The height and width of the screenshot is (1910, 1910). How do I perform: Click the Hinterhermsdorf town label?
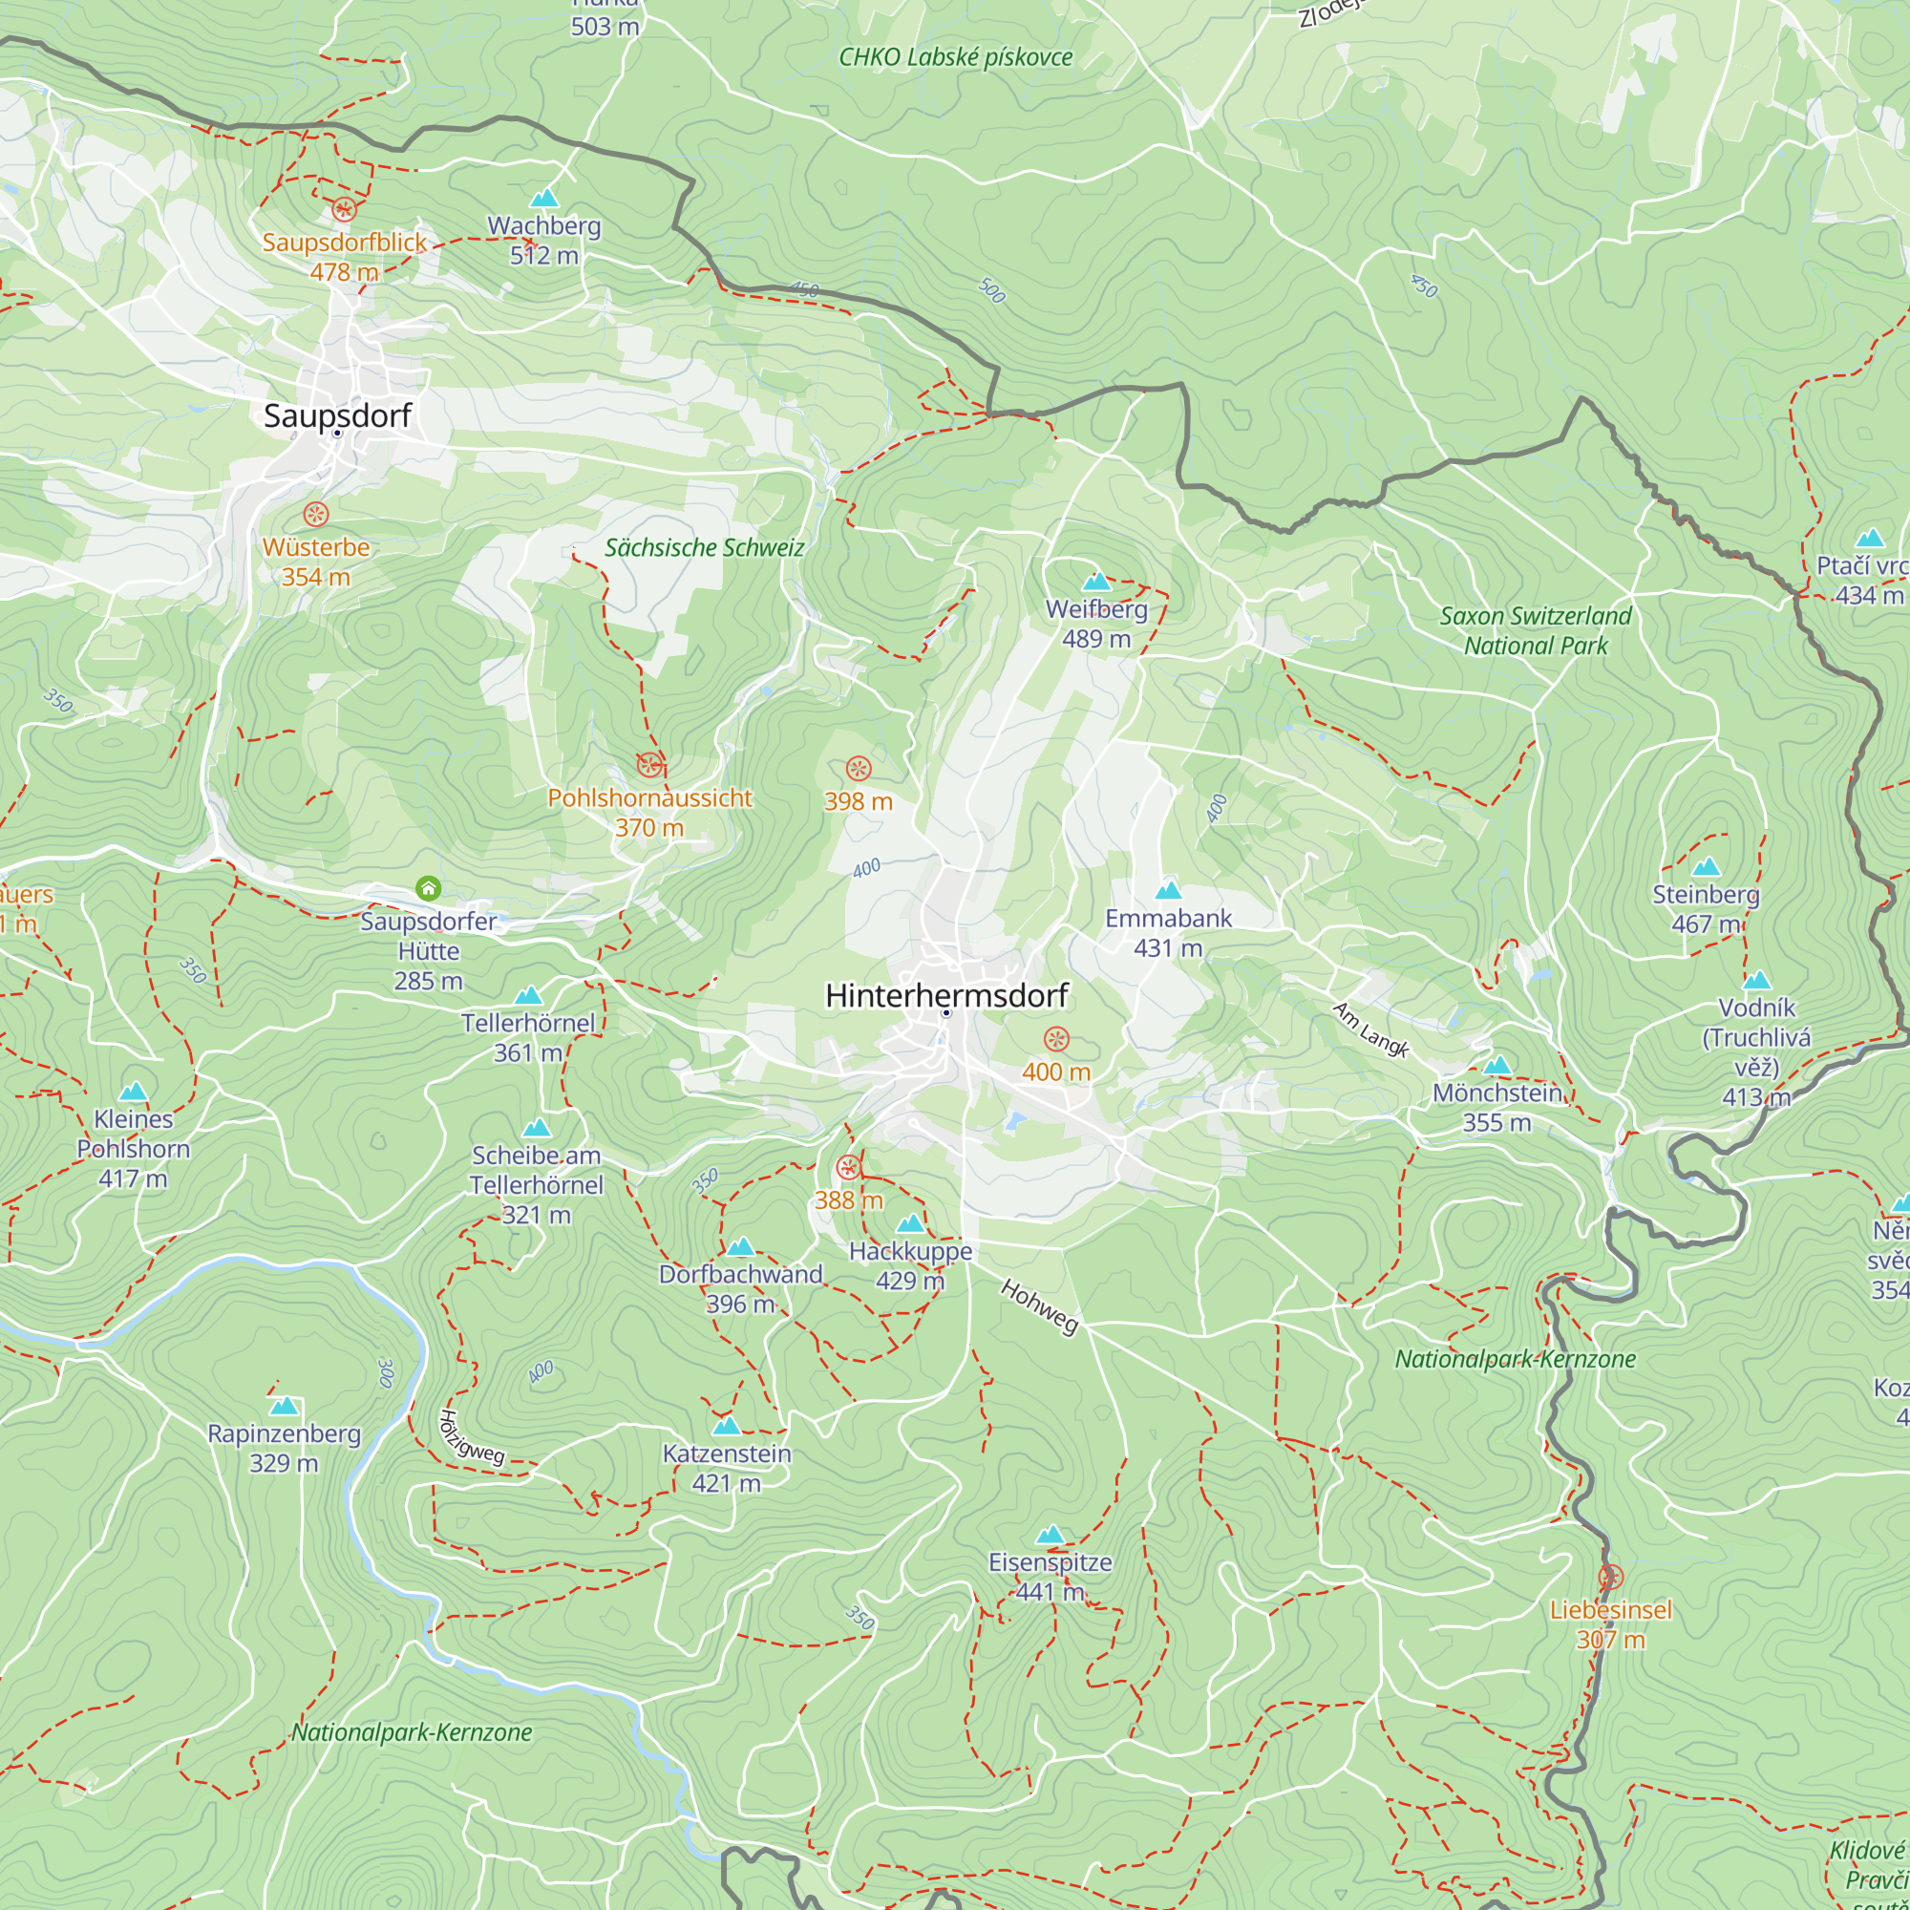click(x=946, y=995)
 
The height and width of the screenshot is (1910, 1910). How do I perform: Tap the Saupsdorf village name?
click(x=337, y=415)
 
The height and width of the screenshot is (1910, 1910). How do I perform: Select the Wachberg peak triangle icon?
click(x=543, y=199)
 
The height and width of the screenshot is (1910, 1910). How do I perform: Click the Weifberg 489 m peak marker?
click(x=1096, y=582)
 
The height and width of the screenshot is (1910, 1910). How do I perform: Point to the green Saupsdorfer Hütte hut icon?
click(x=428, y=888)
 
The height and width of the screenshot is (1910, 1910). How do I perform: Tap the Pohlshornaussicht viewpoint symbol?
click(x=649, y=764)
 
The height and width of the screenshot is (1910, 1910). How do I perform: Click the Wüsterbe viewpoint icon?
click(x=315, y=514)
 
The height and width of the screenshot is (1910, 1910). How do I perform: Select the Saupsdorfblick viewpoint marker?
click(x=343, y=208)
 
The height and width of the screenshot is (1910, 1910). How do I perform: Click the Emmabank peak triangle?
click(x=1169, y=891)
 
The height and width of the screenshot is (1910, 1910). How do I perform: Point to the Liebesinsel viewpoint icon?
click(x=1610, y=1577)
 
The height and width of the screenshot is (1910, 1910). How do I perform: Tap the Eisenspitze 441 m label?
click(x=1050, y=1577)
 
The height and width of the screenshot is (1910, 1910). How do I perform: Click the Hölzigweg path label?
click(x=472, y=1437)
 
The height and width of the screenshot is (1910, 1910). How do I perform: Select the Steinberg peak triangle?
click(x=1707, y=868)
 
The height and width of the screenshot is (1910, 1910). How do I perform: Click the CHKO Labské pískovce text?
click(x=955, y=57)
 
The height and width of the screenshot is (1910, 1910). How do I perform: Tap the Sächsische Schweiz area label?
click(x=704, y=547)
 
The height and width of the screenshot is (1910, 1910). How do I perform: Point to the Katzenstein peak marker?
click(x=727, y=1426)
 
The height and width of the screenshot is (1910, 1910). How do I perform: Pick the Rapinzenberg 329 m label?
click(x=284, y=1449)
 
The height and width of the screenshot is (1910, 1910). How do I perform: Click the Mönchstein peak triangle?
click(x=1496, y=1066)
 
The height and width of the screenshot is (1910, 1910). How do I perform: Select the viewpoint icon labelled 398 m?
click(x=859, y=768)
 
